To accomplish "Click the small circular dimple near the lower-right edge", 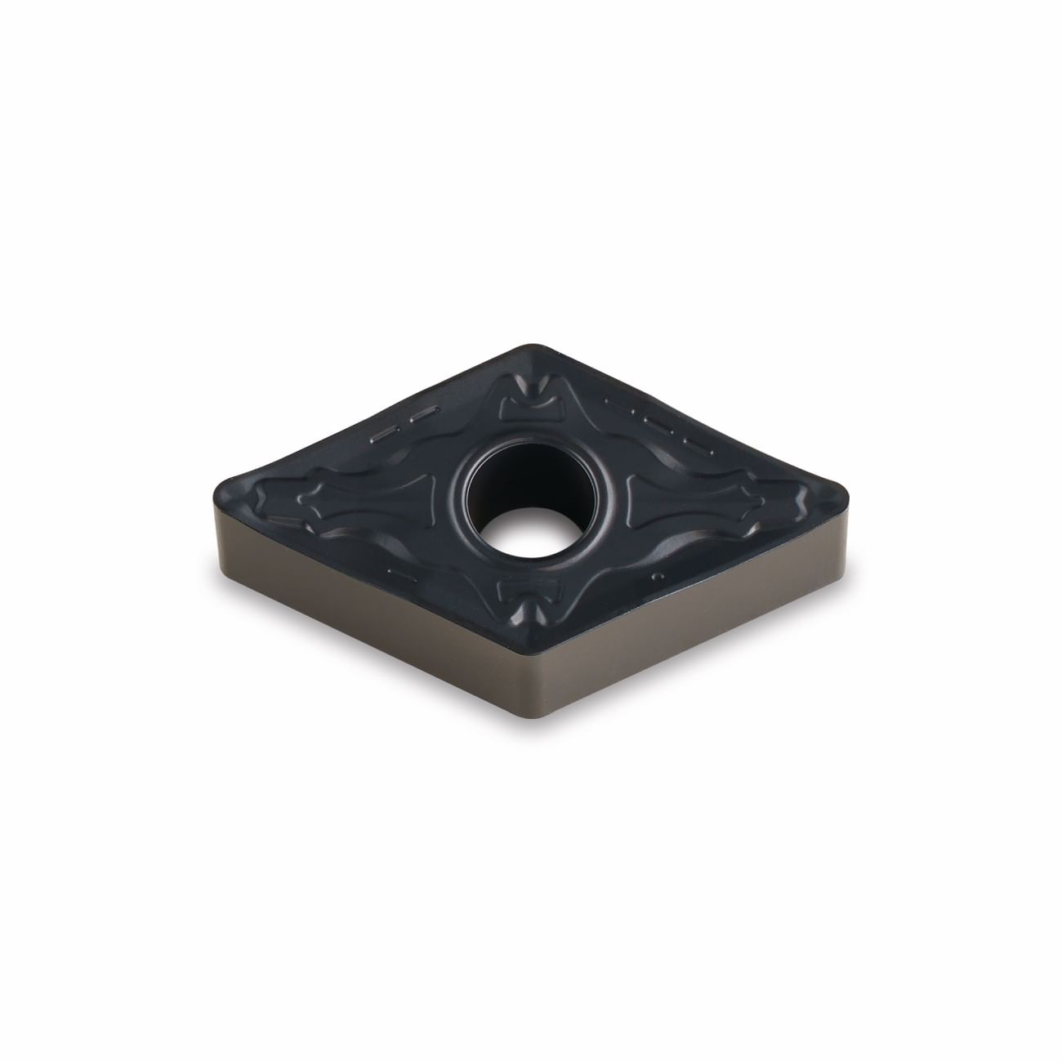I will coord(656,578).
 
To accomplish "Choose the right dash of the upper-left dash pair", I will coord(422,414).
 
